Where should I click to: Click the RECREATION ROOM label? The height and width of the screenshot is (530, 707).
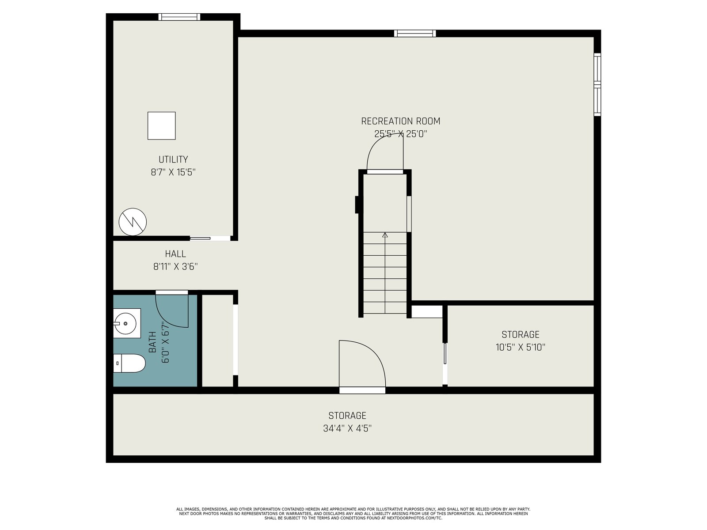tap(400, 121)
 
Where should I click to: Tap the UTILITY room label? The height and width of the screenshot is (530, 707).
tap(173, 159)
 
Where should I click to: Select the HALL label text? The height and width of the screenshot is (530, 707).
tap(175, 254)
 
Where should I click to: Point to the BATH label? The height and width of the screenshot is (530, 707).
tap(152, 342)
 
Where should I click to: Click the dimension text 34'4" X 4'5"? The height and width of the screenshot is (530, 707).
tap(347, 428)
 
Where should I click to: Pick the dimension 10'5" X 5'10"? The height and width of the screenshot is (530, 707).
tap(520, 348)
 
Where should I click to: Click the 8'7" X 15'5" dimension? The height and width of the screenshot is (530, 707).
tap(173, 173)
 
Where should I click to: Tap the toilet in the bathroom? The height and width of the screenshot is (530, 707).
tap(129, 363)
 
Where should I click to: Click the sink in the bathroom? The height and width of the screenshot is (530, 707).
tap(127, 323)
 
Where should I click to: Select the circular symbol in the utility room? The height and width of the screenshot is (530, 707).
tap(133, 222)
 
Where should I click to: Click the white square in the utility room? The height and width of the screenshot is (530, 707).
tap(162, 126)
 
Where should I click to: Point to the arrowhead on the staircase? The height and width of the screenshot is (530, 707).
tap(385, 235)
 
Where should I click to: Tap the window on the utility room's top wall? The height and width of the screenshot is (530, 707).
tap(179, 17)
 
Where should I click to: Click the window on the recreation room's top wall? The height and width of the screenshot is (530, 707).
tap(415, 33)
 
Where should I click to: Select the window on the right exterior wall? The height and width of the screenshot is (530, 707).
tap(597, 85)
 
